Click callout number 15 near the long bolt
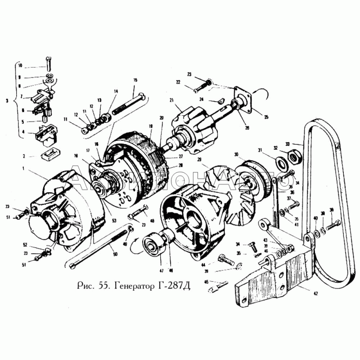135,80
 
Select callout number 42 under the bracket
316,293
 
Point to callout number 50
115,254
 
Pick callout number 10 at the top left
20,65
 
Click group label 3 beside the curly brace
6,101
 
